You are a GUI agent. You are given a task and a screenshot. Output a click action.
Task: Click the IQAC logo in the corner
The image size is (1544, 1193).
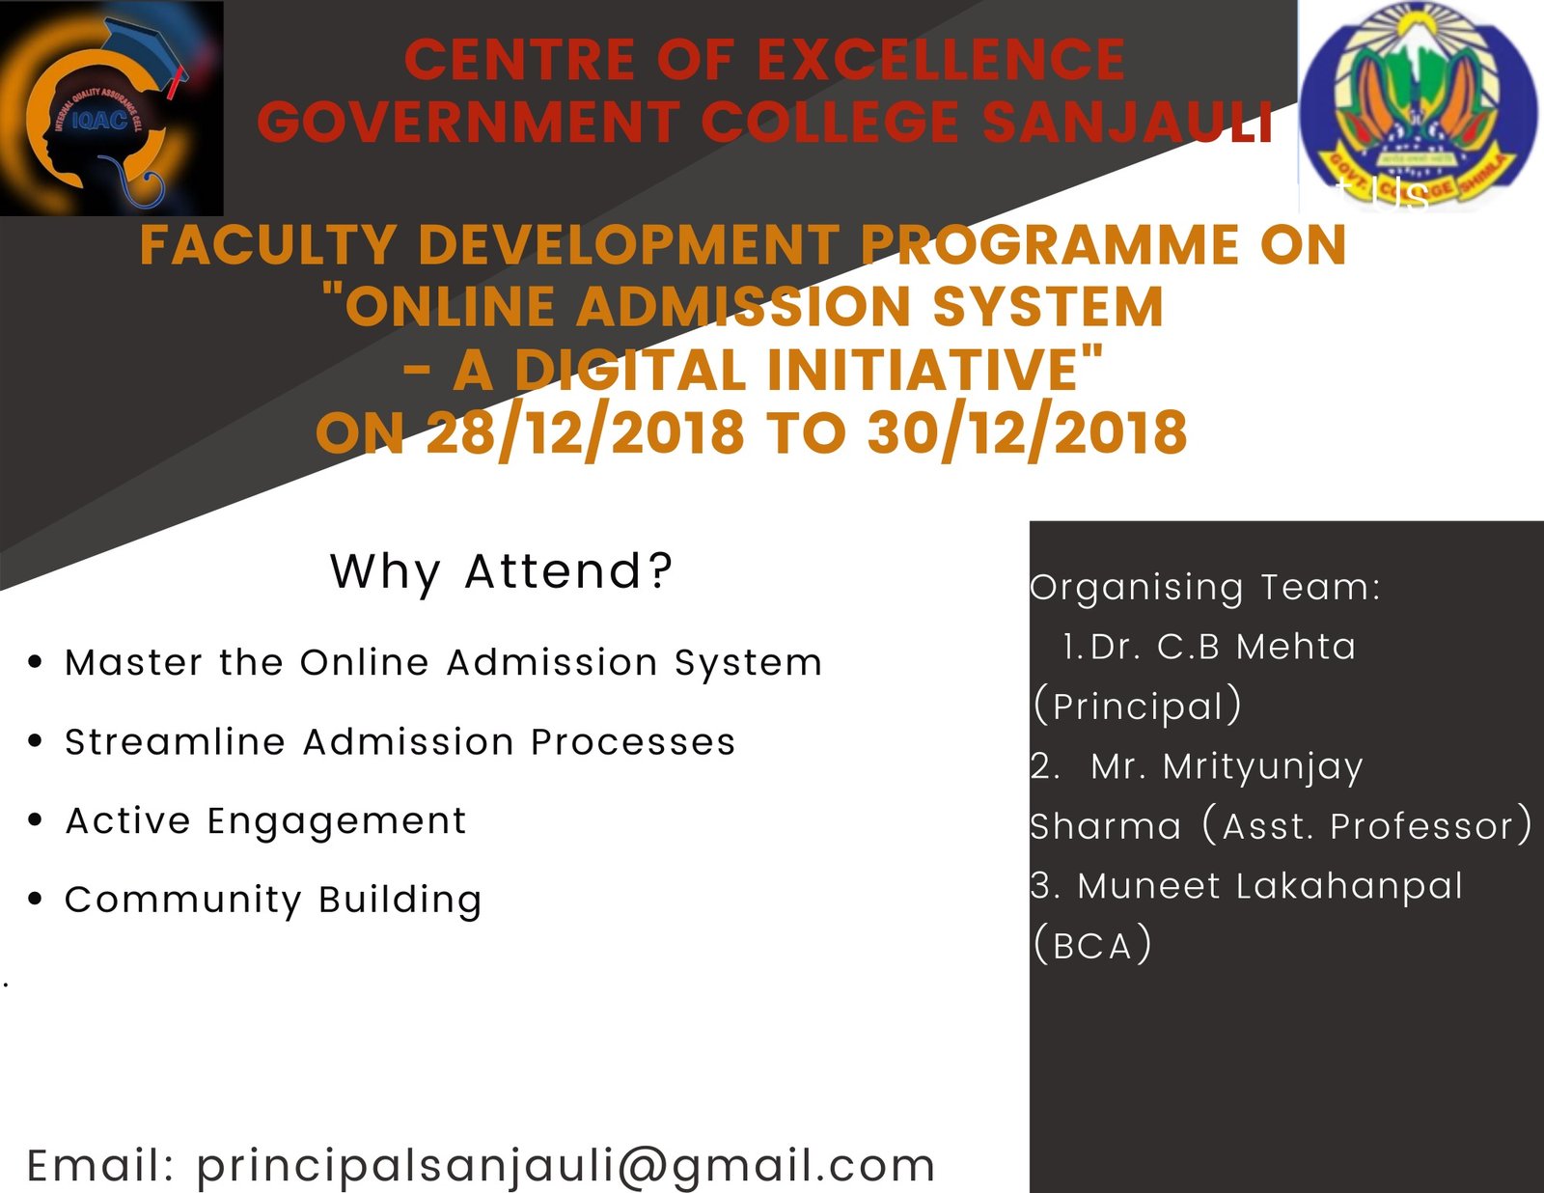tap(112, 108)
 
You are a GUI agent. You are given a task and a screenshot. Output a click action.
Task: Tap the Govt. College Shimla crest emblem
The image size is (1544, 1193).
tap(1419, 106)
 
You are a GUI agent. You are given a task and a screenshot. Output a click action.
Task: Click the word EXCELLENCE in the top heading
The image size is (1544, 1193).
tap(942, 60)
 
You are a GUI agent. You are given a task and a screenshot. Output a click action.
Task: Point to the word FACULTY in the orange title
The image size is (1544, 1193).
tap(268, 245)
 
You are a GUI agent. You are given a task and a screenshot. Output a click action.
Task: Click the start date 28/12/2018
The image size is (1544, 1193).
tap(585, 432)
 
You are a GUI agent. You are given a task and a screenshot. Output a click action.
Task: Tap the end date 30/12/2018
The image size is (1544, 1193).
tap(1028, 432)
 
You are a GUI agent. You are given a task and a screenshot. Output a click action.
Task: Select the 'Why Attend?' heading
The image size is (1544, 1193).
tap(501, 571)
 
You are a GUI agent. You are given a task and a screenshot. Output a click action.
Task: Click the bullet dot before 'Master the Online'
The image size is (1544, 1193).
tap(36, 661)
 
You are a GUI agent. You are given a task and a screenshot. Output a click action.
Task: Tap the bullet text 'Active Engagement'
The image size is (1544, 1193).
tap(265, 822)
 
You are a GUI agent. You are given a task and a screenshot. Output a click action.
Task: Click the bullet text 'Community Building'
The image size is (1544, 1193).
tap(273, 901)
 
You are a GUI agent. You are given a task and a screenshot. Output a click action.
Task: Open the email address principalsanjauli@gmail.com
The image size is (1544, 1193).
tap(565, 1166)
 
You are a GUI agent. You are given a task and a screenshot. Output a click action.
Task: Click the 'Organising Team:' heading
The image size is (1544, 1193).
tap(1205, 589)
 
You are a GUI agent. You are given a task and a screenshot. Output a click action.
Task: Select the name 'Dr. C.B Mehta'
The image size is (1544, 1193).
tap(1222, 648)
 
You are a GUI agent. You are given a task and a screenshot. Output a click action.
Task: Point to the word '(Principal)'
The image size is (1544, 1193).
tap(1138, 706)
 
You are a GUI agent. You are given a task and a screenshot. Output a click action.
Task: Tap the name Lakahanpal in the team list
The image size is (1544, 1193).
tap(1349, 887)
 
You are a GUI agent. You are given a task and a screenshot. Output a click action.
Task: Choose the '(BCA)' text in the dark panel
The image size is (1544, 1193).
tap(1092, 946)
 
